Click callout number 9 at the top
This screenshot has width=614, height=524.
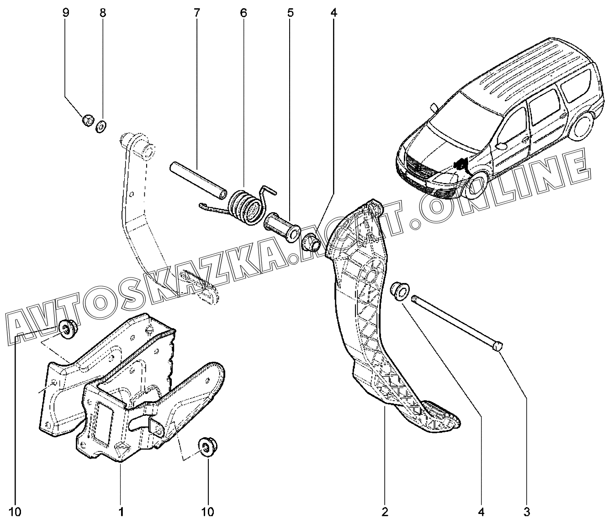(66, 13)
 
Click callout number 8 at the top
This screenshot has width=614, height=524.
(102, 13)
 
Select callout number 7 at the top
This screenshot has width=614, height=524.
(196, 13)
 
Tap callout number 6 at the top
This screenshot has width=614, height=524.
(243, 13)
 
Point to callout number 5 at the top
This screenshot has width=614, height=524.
(290, 13)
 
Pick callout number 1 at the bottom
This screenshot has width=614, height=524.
(121, 511)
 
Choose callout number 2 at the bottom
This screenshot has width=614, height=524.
(385, 511)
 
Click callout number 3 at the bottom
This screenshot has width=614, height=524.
(526, 511)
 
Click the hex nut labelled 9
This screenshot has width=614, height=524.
(88, 121)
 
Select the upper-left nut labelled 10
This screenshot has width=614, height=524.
(69, 329)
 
